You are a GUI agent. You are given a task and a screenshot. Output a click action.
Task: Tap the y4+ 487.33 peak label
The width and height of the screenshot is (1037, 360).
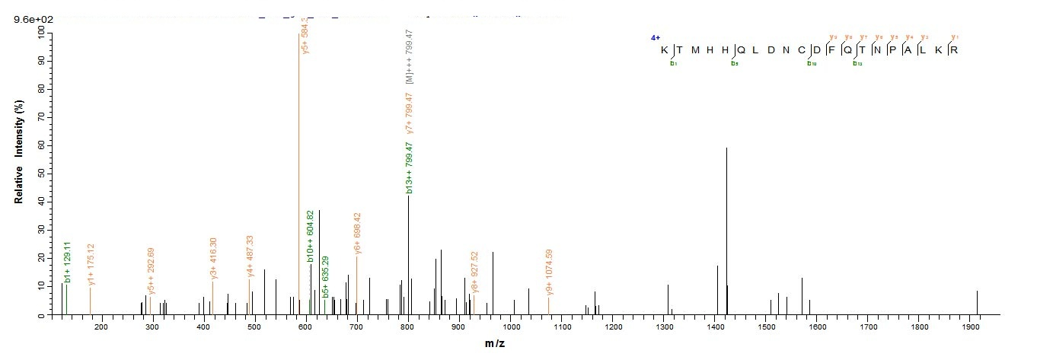point(250,257)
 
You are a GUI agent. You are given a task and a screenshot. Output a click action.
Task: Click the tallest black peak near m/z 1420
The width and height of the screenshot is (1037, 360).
point(726,228)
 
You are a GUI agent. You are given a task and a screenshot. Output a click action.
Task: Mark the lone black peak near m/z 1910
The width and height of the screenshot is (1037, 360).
point(977,302)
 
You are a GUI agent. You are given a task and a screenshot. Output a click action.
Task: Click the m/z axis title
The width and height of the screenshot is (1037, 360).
point(495,344)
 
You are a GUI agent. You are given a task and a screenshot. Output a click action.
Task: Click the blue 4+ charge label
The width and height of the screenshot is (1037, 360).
point(655,37)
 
